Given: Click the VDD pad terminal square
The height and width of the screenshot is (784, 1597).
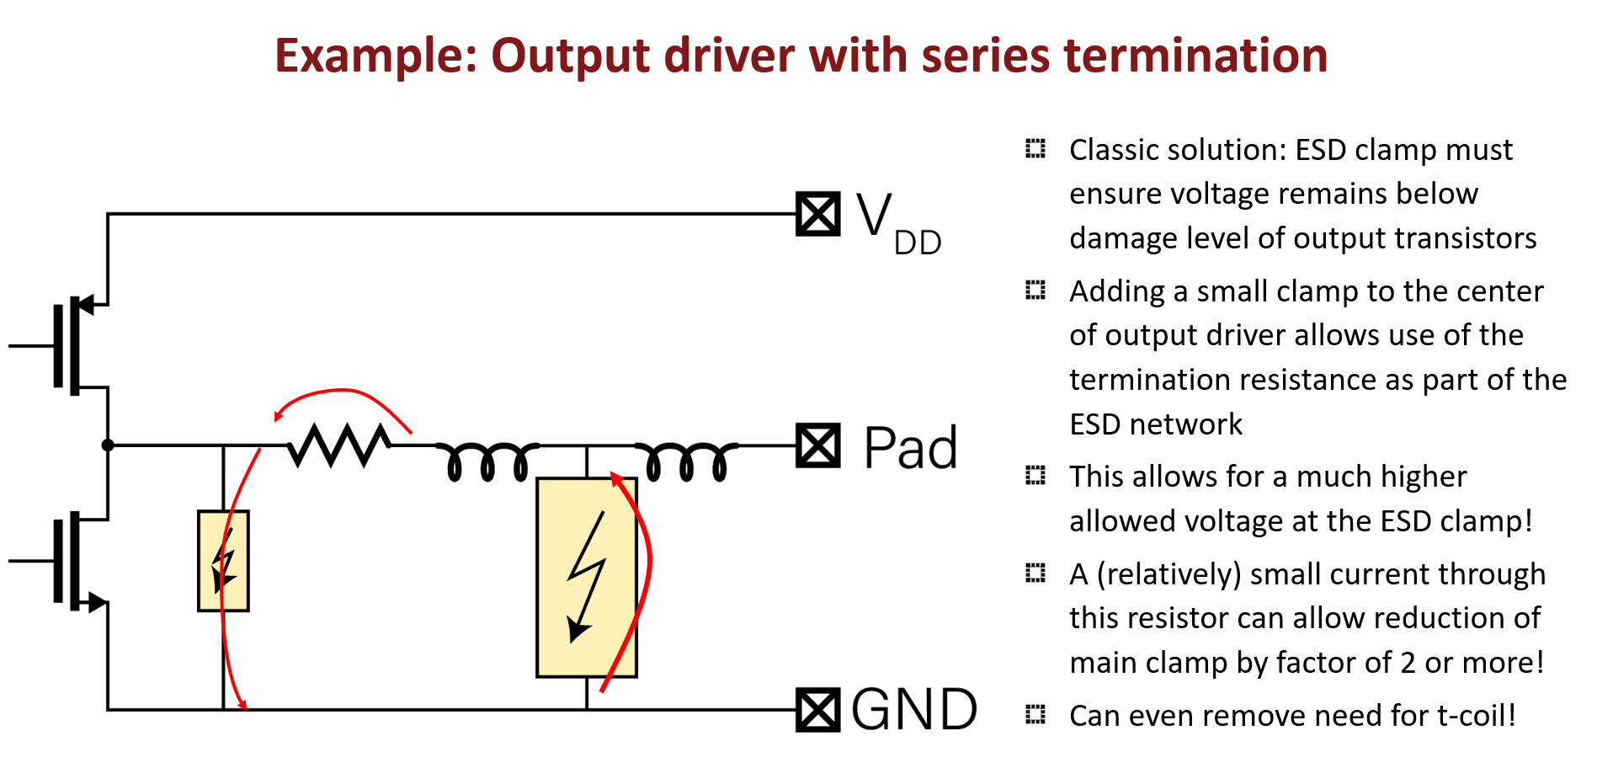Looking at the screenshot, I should tap(817, 214).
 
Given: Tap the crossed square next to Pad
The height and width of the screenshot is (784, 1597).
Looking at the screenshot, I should tap(817, 445).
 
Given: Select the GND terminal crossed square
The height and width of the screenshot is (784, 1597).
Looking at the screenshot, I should tap(817, 710).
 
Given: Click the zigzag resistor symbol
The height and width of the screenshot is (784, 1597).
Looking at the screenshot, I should tap(338, 445).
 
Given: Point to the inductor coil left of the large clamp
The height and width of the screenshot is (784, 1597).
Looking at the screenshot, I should tap(487, 459).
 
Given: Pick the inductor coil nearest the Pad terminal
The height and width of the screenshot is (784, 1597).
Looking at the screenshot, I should tap(685, 459).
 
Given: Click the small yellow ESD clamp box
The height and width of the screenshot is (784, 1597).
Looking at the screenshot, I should tap(223, 560).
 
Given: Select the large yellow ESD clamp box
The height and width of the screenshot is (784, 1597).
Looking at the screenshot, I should tap(586, 578).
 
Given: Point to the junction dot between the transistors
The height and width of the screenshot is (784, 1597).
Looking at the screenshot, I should tap(108, 445).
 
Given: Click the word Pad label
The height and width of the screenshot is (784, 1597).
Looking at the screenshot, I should tap(910, 447).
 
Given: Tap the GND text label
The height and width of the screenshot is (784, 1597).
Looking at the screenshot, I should tap(914, 710).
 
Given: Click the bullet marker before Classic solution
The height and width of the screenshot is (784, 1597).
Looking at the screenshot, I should tap(1035, 149).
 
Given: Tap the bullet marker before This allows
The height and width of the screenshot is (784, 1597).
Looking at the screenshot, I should tap(1035, 476).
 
